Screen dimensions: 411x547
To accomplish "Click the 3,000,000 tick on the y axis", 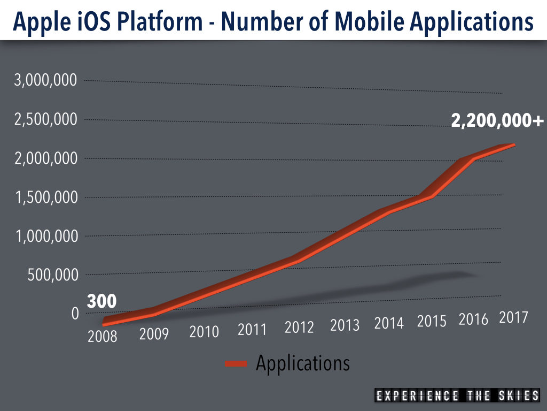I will pos(45,81).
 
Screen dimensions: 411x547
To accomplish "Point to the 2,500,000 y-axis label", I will pos(45,120).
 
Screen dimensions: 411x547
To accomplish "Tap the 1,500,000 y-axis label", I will pos(45,197).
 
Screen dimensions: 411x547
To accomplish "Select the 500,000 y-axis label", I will pos(52,275).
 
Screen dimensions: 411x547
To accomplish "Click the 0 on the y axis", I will pos(75,314).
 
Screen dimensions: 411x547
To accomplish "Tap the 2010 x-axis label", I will pos(204,332).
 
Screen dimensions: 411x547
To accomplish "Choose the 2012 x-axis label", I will pos(299,327).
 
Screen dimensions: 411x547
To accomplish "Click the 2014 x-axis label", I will pos(389,323).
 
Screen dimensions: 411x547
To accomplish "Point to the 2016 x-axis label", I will pos(474,319).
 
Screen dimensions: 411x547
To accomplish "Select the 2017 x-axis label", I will pos(513,317).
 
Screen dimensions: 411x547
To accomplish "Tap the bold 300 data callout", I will pos(101,302).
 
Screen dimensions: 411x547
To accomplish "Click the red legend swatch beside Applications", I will pos(236,364).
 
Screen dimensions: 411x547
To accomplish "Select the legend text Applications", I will pos(303,363).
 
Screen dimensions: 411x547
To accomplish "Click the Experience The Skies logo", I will pos(457,396).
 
